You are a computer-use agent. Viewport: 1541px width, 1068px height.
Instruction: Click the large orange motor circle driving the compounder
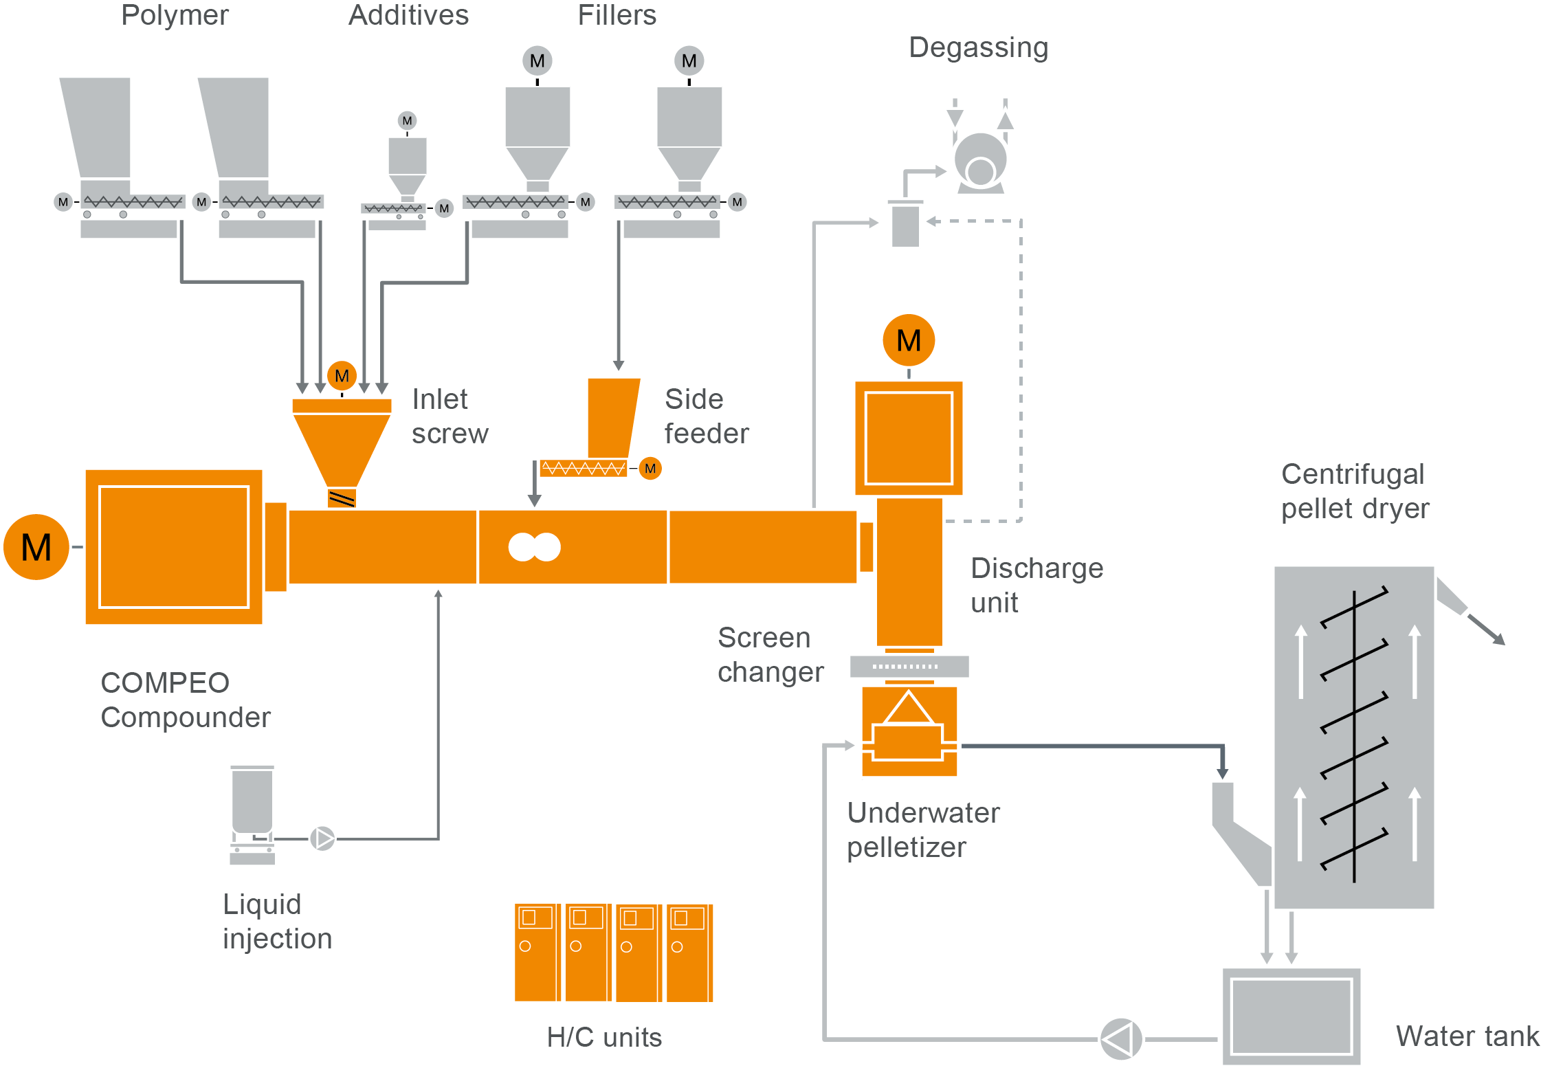36,547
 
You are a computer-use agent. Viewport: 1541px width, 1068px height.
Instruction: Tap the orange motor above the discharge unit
908,340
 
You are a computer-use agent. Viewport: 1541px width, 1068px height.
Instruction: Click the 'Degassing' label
978,47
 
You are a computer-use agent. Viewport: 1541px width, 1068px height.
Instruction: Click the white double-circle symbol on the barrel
534,547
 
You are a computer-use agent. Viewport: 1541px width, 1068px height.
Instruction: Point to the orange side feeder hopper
612,416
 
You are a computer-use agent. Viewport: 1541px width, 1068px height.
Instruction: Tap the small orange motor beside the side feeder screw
650,469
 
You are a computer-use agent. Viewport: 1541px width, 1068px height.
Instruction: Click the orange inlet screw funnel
342,443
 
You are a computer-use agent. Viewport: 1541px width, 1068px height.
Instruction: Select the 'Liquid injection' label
277,921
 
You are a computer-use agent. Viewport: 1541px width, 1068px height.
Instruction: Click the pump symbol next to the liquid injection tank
322,838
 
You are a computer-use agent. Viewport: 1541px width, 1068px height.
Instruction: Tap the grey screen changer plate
909,666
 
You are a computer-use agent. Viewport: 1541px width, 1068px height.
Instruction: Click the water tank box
1291,1016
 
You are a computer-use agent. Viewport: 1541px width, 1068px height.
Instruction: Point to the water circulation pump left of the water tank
1120,1038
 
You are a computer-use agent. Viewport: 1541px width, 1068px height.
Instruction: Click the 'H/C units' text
604,1037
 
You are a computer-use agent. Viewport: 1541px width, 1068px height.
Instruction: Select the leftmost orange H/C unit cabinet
536,953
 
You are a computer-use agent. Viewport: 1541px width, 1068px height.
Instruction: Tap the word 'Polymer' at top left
175,15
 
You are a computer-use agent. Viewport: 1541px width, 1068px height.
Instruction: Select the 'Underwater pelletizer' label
922,830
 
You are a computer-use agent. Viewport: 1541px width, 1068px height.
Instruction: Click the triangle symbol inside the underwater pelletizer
909,709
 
